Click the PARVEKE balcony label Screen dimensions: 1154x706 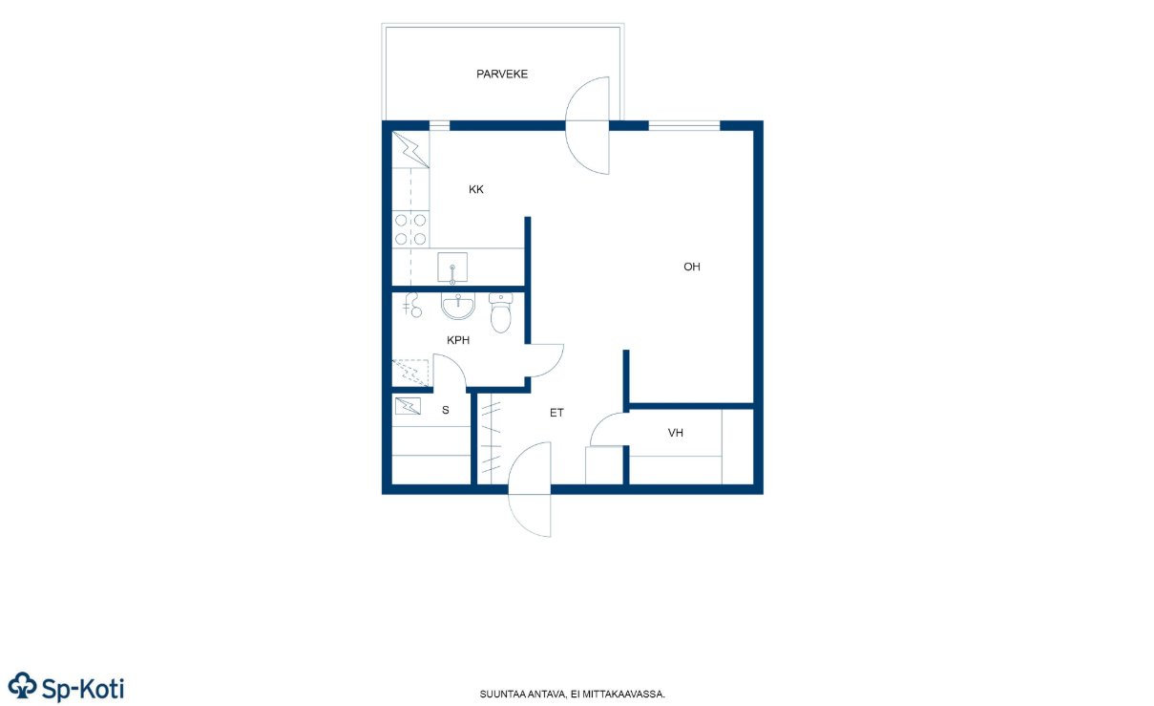coord(502,75)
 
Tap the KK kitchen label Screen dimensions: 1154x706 coord(476,190)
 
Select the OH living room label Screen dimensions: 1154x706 coord(691,267)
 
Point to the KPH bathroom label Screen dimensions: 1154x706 coord(458,340)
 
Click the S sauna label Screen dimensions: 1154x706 coord(446,410)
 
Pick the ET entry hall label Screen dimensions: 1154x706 coord(556,413)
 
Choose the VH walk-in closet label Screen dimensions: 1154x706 coord(676,433)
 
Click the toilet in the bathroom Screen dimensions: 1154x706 coord(500,313)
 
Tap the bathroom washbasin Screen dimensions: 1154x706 coord(457,307)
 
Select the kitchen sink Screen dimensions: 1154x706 coord(452,267)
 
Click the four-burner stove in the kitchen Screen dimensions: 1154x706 coord(410,229)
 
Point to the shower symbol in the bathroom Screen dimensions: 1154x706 coord(412,305)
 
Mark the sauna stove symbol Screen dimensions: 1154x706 coord(408,406)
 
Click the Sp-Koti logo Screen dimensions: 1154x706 coord(66,688)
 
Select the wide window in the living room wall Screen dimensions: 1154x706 coord(683,125)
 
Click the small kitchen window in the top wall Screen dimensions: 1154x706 coord(439,125)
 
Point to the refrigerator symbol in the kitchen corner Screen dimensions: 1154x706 coord(410,150)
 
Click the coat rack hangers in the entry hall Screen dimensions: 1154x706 coord(491,439)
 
